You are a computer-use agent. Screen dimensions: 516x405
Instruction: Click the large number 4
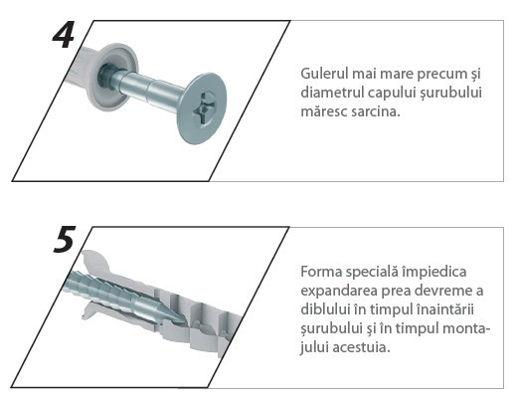pos(64,35)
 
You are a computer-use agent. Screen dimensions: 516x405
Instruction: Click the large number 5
pos(65,240)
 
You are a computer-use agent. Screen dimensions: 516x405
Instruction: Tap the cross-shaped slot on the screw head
pos(205,106)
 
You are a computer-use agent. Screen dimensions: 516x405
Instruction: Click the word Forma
pos(321,272)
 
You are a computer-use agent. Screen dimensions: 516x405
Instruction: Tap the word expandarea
pos(339,292)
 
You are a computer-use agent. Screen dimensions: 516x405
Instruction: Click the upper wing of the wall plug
pos(96,262)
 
